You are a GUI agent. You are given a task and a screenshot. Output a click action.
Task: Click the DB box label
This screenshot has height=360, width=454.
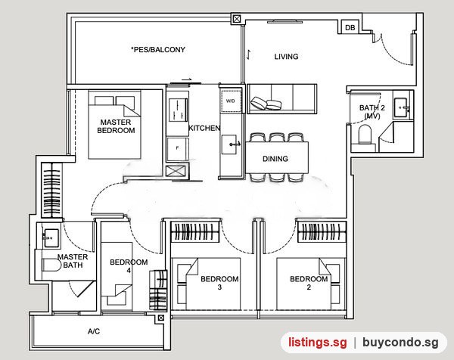click(x=350, y=27)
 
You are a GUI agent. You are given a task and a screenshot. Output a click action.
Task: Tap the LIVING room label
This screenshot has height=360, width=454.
click(x=286, y=57)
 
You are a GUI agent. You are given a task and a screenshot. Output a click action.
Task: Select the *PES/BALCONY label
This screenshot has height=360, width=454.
click(x=158, y=49)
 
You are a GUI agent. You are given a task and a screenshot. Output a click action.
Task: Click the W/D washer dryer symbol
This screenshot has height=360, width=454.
click(x=231, y=101)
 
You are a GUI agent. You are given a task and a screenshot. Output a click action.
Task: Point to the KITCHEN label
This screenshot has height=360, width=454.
click(x=204, y=128)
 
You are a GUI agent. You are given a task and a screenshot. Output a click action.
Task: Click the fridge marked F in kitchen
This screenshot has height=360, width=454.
click(x=178, y=148)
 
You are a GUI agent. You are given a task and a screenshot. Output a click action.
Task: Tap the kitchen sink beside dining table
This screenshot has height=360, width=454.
click(x=231, y=144)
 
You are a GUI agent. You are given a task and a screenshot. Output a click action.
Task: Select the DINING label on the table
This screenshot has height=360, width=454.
click(x=275, y=159)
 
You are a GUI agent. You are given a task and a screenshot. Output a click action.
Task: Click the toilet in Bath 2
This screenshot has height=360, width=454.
click(x=365, y=134)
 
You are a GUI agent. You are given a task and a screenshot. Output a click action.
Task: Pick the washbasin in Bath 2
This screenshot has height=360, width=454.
click(x=402, y=107)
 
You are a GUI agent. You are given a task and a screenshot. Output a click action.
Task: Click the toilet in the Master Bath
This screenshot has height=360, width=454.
click(x=51, y=265)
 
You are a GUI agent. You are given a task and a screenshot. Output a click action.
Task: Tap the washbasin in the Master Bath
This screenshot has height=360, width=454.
click(x=51, y=238)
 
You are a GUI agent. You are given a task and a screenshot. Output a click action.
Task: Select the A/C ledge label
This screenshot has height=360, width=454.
click(x=94, y=331)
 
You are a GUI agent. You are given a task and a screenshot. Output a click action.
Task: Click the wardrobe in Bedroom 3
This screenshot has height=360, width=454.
click(x=194, y=231)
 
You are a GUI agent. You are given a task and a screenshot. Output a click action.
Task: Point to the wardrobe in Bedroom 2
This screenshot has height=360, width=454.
click(x=322, y=231)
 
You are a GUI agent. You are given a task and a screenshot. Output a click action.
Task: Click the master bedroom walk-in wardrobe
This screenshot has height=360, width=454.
click(x=51, y=190)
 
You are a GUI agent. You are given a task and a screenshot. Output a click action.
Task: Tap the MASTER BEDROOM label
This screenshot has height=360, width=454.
click(x=116, y=126)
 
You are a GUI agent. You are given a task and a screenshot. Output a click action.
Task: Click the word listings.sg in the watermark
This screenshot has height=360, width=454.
click(x=317, y=343)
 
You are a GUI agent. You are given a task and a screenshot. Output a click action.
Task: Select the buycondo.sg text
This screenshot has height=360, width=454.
click(x=400, y=343)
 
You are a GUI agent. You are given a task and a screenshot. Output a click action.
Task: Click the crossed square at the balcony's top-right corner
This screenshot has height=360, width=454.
click(x=237, y=20)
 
